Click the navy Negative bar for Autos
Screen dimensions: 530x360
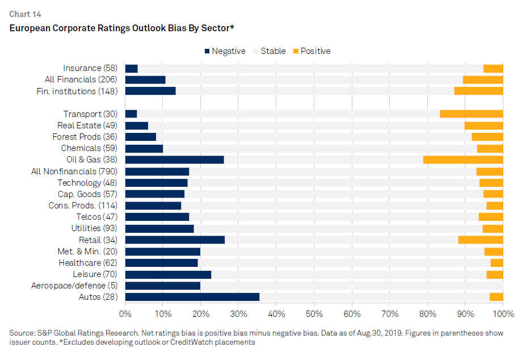point(192,297)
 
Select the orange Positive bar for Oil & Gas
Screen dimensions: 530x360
point(463,160)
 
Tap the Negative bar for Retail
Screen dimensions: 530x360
point(175,240)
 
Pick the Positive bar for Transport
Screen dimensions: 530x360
point(472,114)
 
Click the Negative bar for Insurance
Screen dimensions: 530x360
point(132,69)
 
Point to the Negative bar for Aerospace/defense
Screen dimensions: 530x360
point(163,286)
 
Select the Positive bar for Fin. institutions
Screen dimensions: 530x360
point(478,91)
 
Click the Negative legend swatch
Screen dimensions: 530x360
point(207,51)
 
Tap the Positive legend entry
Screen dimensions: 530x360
point(312,51)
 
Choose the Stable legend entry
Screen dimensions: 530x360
point(270,51)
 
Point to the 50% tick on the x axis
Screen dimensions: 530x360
point(314,314)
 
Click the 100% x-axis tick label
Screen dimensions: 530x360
point(503,314)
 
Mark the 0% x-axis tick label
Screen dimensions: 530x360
point(125,314)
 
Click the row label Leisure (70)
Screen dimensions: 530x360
point(95,274)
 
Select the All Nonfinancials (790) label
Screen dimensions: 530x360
point(74,171)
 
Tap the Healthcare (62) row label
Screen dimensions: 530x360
point(88,263)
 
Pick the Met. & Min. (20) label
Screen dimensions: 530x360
point(87,252)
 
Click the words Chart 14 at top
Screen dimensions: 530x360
point(26,14)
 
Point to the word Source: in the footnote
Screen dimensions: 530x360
point(22,333)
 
